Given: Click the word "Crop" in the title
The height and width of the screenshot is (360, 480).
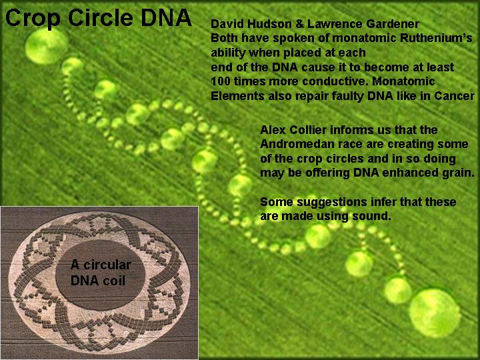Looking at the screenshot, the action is [x=33, y=19].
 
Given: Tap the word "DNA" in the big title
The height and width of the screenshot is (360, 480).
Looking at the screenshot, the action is [x=166, y=17].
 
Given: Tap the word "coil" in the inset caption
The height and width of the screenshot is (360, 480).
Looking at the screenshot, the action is [x=113, y=281].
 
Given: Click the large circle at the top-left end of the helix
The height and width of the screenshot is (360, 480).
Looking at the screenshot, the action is [x=46, y=46].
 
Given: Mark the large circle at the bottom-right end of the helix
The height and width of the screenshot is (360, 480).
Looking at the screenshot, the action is [x=435, y=313].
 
